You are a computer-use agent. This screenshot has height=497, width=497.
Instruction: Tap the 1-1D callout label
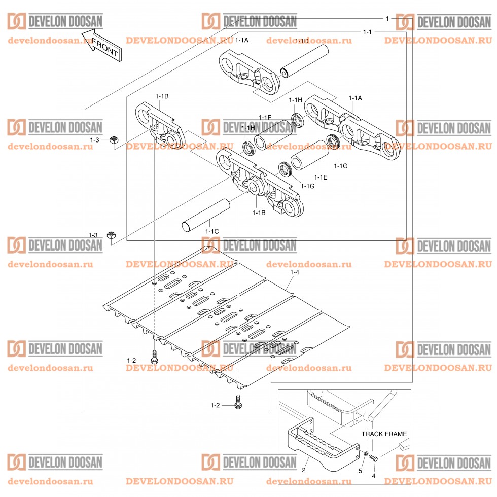(302, 41)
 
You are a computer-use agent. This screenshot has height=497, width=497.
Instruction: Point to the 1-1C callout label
(212, 231)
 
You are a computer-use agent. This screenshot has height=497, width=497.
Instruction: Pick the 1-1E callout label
(321, 177)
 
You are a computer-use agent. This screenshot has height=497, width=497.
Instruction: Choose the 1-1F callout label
(265, 117)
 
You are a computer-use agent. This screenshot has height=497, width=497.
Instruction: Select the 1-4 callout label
(294, 273)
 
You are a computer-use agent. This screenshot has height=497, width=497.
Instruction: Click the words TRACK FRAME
(384, 434)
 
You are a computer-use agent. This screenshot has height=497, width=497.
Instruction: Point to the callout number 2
(304, 470)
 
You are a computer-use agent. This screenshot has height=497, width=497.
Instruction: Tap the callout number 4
(374, 476)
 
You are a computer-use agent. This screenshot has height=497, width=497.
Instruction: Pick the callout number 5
(361, 471)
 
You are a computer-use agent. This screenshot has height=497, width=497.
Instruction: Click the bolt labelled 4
(373, 458)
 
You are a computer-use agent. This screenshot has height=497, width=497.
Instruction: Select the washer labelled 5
(366, 453)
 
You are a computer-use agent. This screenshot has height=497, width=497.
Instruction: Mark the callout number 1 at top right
(387, 18)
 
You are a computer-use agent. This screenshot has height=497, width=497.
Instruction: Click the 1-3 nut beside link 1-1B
(114, 139)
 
